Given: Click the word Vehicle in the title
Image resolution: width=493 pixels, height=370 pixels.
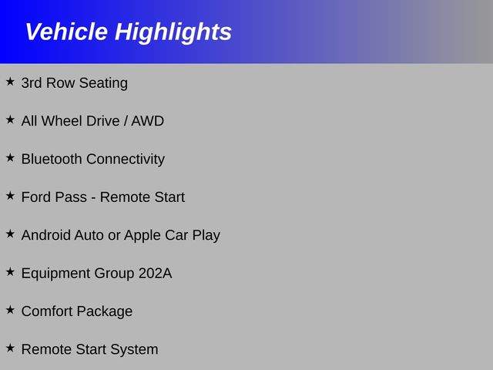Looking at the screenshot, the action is [66, 32].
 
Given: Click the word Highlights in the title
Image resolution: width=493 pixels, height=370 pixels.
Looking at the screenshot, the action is [173, 32].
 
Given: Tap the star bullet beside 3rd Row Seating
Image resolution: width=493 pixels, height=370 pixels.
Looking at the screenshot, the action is [10, 82].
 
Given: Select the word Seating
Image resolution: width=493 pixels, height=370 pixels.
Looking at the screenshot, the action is [103, 83].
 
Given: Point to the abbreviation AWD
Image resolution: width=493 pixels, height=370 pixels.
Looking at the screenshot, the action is [147, 121].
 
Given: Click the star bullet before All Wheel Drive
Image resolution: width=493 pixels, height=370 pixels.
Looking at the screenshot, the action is [10, 119].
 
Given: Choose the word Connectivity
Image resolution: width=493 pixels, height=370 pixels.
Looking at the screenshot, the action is [126, 160].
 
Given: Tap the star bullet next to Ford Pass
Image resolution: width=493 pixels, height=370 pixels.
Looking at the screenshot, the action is [10, 196].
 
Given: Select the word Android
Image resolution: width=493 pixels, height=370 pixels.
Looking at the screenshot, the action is [46, 235].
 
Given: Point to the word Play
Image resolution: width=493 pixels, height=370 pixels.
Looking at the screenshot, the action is [206, 236].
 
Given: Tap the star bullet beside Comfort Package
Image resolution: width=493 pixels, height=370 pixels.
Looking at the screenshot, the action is [10, 310].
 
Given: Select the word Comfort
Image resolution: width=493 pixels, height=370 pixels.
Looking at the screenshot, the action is [47, 311].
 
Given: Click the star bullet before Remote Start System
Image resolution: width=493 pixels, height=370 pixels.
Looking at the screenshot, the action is [10, 348].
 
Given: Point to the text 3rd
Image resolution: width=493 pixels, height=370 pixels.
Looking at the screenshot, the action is [32, 82].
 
